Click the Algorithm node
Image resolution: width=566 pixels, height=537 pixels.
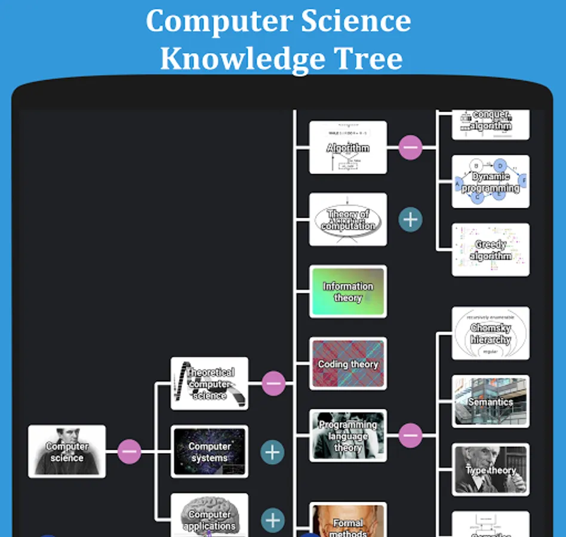coord(347,147)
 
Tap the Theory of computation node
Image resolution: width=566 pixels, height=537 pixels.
coord(347,220)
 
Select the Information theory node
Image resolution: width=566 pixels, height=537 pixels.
coord(347,292)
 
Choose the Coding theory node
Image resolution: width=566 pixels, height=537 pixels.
coord(347,363)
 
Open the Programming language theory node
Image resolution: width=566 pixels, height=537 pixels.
coord(347,436)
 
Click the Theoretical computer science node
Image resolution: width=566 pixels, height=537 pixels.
coord(210,384)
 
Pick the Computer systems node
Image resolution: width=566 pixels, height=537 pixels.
coord(210,452)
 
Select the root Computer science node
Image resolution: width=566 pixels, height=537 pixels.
coord(67,452)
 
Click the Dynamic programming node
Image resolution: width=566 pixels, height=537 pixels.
coord(490,182)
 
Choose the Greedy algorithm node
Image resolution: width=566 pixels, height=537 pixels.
coord(490,250)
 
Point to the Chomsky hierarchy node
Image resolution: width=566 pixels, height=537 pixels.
coord(490,334)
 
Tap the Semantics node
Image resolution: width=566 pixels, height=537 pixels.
coord(490,402)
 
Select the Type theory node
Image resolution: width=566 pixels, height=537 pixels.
coord(490,470)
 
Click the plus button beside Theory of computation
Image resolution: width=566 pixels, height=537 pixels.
coord(410,220)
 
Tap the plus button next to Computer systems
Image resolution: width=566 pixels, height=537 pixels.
coord(272,452)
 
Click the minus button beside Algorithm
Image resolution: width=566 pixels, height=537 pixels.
coord(410,147)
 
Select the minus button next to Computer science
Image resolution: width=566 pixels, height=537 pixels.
coord(129,452)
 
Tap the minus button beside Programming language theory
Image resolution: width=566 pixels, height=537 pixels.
coord(410,435)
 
